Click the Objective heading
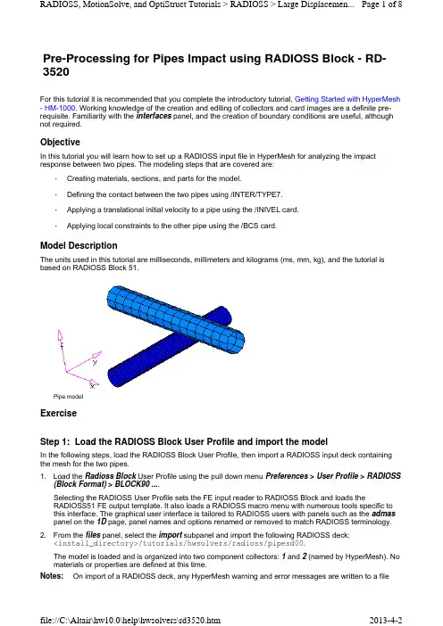(60, 142)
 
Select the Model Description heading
(79, 245)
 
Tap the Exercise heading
(58, 413)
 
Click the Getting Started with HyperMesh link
(347, 99)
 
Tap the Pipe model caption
(69, 397)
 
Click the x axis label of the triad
(92, 386)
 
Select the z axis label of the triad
(62, 344)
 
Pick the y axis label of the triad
(95, 362)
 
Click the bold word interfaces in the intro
(154, 116)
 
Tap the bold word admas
(383, 514)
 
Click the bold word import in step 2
(171, 535)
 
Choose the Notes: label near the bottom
(52, 576)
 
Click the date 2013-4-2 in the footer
(386, 620)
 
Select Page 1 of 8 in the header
(382, 4)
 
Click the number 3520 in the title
(56, 72)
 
